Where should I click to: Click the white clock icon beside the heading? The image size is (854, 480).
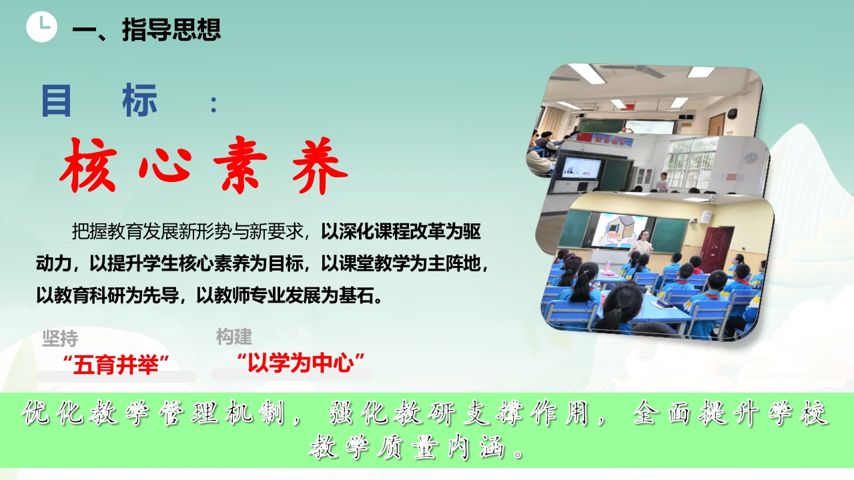coord(41,27)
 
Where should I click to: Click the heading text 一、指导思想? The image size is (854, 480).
coord(147,29)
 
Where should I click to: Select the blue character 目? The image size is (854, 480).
coord(56,101)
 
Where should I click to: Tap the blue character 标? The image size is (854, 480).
coord(140,101)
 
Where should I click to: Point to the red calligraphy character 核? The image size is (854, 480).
coord(88,165)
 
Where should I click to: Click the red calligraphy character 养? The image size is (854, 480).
coord(320,165)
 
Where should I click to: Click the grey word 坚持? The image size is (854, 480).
coord(60,339)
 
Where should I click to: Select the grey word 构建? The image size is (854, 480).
coord(234,337)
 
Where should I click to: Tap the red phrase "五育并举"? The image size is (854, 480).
coord(116,365)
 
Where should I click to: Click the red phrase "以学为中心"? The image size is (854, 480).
coord(301,362)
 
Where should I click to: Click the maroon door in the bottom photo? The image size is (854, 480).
coord(717,249)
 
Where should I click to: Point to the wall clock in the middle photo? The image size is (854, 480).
coord(751,158)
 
